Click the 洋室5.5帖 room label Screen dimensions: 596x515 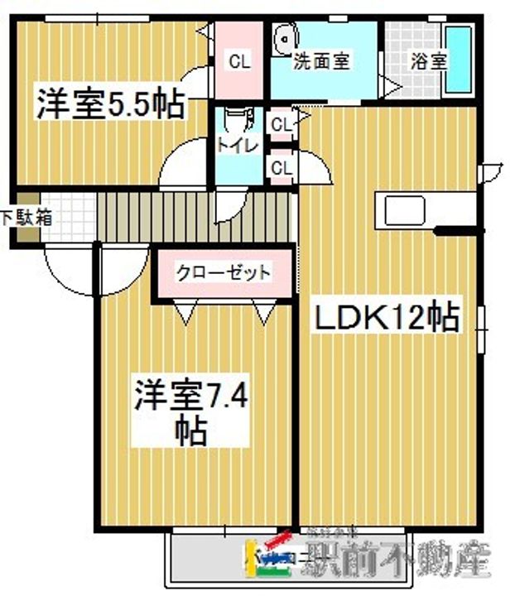coord(108,105)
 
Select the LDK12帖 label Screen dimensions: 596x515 coord(385,317)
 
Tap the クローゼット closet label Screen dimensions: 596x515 coord(224,272)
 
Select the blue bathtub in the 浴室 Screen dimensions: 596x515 coord(458,60)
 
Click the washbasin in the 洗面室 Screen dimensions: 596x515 coord(286,38)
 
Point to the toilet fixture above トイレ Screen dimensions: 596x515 coord(238,120)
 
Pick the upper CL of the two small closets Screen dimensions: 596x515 coord(282,125)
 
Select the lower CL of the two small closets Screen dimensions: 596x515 coord(282,168)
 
